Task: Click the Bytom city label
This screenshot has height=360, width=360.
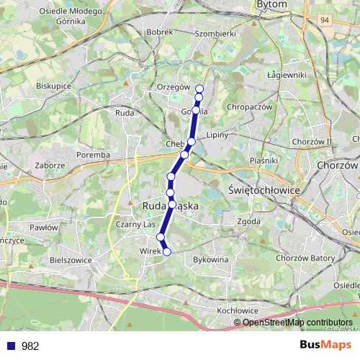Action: click(271, 4)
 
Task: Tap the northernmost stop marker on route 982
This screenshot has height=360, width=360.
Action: click(199, 89)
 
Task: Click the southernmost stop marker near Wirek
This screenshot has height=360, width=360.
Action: click(167, 251)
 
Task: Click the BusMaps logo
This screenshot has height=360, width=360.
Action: click(325, 345)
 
